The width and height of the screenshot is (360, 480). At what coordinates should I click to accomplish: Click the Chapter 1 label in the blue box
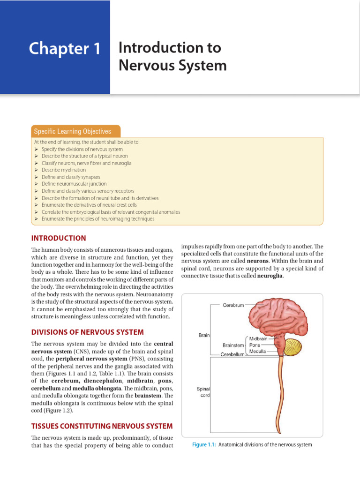point(65,49)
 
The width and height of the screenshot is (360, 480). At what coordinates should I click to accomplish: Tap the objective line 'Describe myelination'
point(64,170)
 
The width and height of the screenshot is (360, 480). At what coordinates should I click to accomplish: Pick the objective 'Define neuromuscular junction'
point(74,184)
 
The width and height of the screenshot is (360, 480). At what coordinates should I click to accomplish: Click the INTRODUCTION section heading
point(59,238)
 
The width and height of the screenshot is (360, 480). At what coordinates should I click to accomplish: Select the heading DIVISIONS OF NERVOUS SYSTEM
point(88,332)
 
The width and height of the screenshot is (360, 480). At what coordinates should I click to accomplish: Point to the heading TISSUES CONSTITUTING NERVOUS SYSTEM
point(102,426)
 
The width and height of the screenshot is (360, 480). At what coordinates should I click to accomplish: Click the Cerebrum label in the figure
point(233,305)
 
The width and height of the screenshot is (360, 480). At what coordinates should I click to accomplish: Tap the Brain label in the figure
point(204,335)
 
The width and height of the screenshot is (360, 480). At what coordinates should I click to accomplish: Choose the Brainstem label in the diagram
point(233,345)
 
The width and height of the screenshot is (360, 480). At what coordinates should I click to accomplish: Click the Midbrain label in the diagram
point(258,339)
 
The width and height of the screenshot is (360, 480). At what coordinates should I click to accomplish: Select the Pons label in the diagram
point(255,345)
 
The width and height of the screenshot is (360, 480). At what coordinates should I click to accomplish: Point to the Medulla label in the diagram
point(258,352)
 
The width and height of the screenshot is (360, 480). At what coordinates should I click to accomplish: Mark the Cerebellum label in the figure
point(232,355)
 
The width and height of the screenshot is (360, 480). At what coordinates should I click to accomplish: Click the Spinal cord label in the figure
point(203,392)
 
